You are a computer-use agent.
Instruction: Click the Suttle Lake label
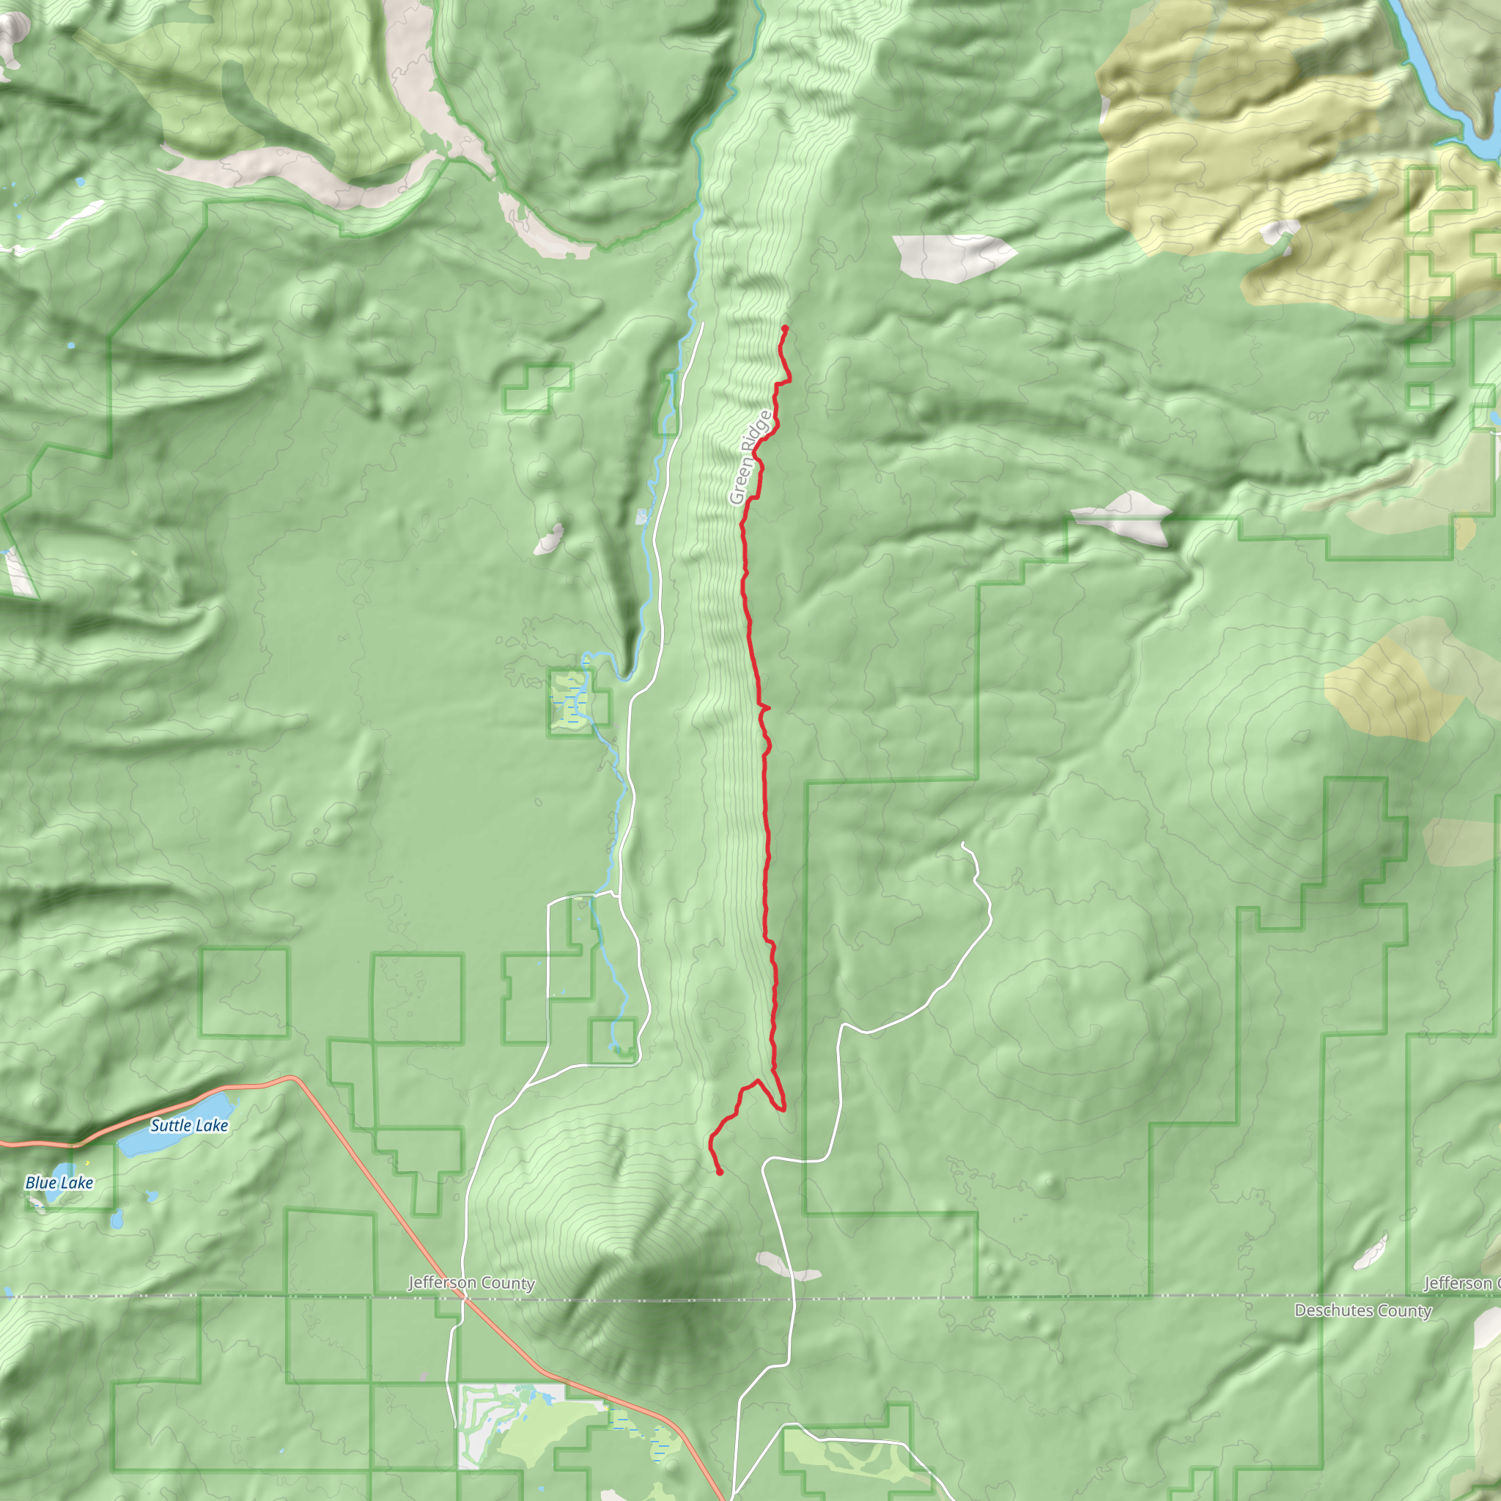coord(189,1125)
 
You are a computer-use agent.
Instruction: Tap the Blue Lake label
coord(59,1182)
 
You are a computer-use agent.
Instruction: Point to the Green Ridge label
coord(750,457)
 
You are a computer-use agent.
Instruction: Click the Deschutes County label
coord(1362,1310)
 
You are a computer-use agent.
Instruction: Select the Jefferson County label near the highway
coord(471,1283)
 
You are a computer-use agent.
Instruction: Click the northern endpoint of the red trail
coord(785,328)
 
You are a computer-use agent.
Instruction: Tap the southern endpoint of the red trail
coord(720,1173)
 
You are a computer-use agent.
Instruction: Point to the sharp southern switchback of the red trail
coord(783,1109)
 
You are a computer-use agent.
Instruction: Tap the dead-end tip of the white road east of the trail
coord(962,844)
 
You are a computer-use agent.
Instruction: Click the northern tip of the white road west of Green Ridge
coord(703,323)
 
